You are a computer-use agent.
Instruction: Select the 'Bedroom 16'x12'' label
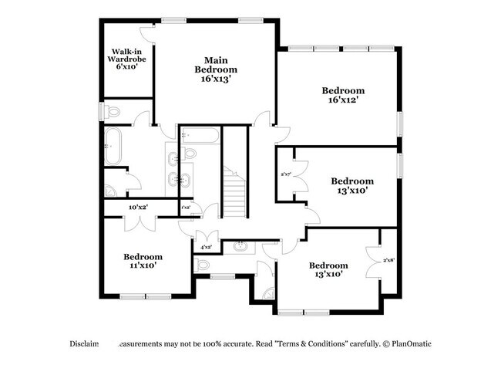tap(343, 95)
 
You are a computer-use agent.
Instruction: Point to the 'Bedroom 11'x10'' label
tap(143, 261)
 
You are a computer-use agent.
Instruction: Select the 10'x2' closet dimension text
tap(138, 207)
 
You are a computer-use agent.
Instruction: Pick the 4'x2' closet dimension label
tap(207, 247)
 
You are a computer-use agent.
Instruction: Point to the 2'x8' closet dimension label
tap(389, 260)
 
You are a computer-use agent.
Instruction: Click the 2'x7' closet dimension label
tap(285, 174)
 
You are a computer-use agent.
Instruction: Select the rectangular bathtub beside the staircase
tap(200, 137)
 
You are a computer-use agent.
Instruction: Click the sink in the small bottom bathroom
tap(241, 247)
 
